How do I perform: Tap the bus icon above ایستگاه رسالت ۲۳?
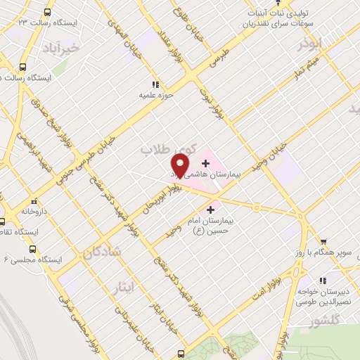pyautogui.click(x=47, y=13)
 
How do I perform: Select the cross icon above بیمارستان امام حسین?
pyautogui.click(x=210, y=209)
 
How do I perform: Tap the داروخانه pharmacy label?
pyautogui.click(x=33, y=210)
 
